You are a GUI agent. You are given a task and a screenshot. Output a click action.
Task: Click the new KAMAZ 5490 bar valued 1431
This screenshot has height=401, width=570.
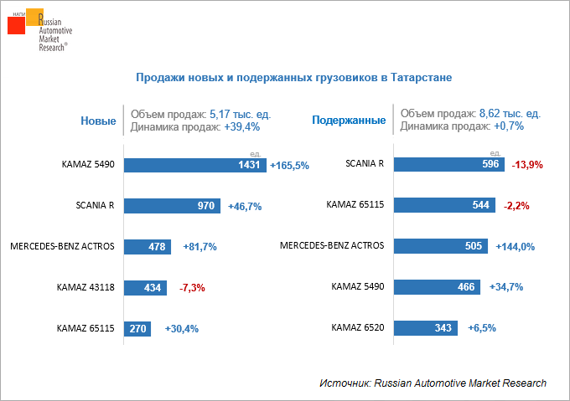195,165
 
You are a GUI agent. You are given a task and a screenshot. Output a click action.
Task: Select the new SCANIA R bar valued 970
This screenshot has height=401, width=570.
172,206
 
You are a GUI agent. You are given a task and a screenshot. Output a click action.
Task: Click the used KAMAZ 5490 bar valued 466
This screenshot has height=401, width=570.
437,286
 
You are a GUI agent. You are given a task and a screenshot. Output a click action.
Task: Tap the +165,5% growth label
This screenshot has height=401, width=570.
290,166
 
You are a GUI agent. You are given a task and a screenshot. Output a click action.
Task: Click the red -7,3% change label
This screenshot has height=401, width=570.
192,288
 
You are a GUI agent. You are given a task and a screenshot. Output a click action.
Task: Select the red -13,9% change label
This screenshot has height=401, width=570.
527,166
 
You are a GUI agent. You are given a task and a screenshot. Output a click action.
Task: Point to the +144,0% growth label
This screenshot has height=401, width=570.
515,247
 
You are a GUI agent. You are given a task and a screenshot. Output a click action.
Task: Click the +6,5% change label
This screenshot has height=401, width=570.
484,328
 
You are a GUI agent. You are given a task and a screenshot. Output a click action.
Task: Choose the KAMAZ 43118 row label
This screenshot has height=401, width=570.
85,286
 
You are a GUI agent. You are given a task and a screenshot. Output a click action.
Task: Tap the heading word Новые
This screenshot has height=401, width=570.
98,121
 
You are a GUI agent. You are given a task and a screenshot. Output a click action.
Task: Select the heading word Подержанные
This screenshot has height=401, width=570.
349,121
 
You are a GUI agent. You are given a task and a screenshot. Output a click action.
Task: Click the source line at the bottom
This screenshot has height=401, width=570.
433,383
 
